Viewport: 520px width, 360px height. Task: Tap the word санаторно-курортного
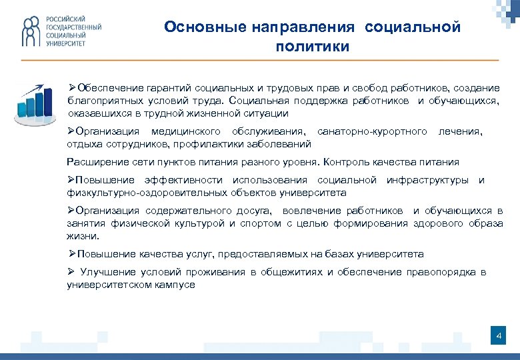tap(372, 131)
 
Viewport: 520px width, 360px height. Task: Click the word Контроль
tap(345, 162)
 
